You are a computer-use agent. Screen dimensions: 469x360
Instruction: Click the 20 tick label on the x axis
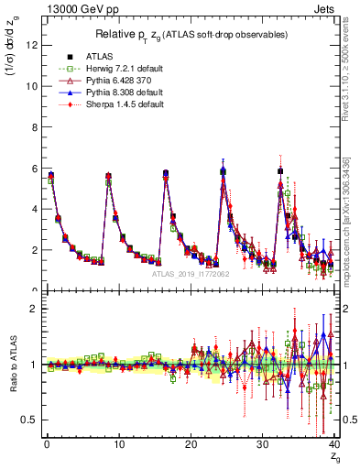point(190,443)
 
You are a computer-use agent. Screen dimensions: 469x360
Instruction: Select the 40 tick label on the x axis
point(333,443)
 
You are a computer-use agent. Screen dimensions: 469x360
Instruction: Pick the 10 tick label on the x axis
point(118,443)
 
